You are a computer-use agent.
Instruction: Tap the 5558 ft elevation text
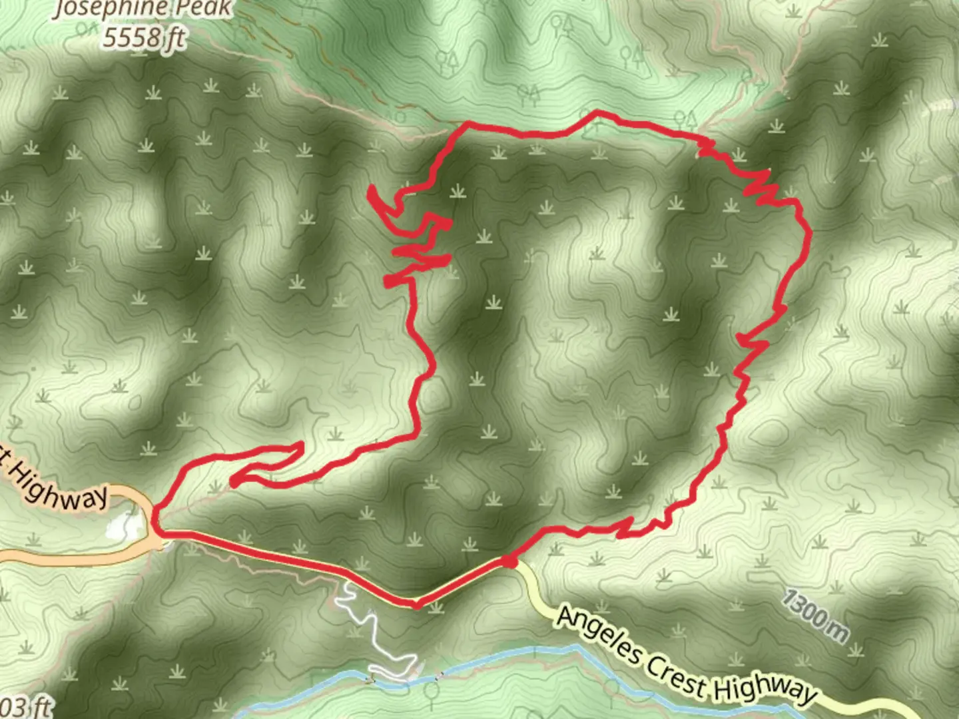pyautogui.click(x=144, y=37)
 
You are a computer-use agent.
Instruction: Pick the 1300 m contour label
pyautogui.click(x=814, y=616)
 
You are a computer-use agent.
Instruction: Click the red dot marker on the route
pyautogui.click(x=509, y=562)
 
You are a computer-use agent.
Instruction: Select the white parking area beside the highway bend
pyautogui.click(x=124, y=525)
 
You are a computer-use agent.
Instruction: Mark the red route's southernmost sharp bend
pyautogui.click(x=416, y=604)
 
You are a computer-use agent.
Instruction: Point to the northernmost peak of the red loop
pyautogui.click(x=597, y=113)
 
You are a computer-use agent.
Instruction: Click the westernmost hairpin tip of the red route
pyautogui.click(x=233, y=480)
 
